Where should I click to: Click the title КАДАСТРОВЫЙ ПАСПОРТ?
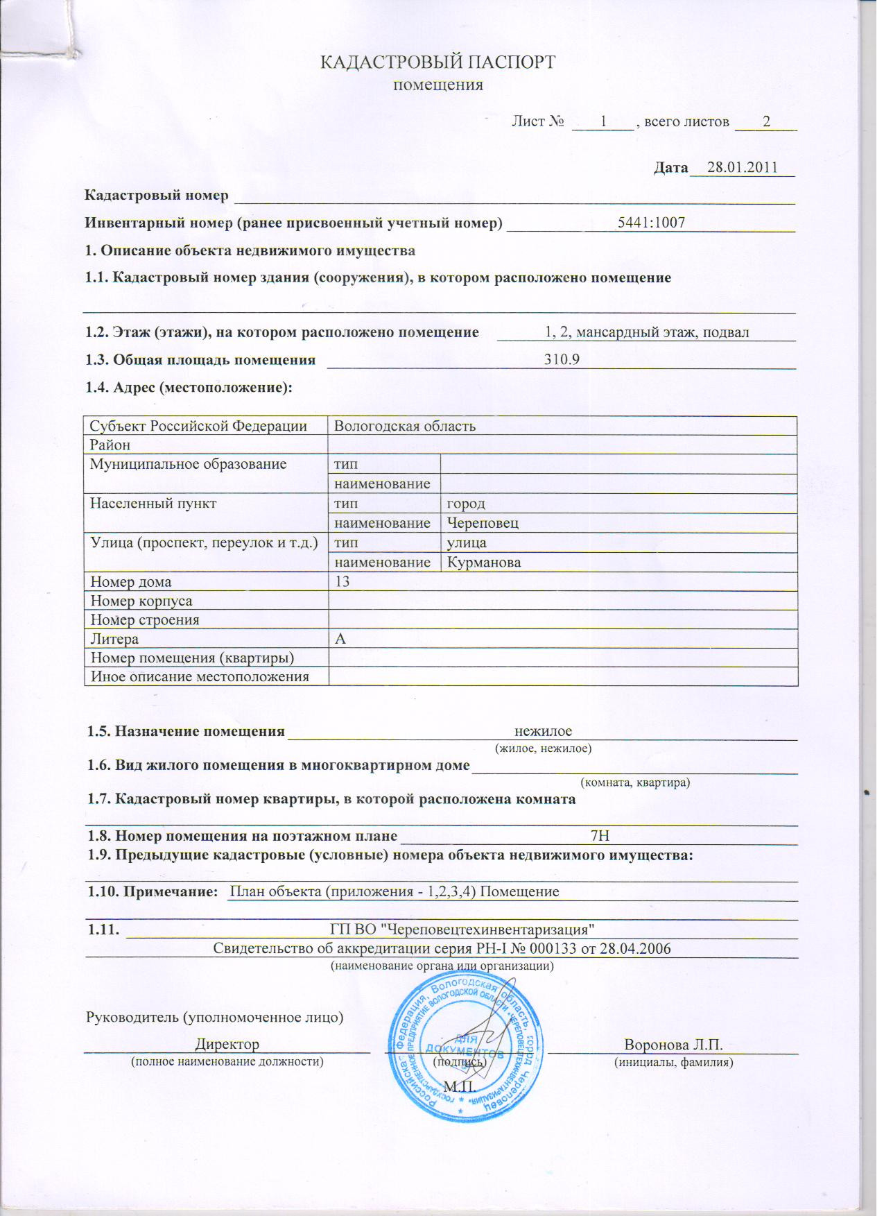437,62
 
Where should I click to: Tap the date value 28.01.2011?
741,168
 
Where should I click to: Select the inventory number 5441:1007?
651,223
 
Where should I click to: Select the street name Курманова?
484,562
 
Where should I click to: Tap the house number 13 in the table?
343,581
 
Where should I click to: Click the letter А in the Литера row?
340,639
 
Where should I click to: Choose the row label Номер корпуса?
141,601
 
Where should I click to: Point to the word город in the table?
466,504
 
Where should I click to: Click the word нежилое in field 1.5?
543,731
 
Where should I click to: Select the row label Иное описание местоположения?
200,676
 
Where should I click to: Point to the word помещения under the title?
437,86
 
